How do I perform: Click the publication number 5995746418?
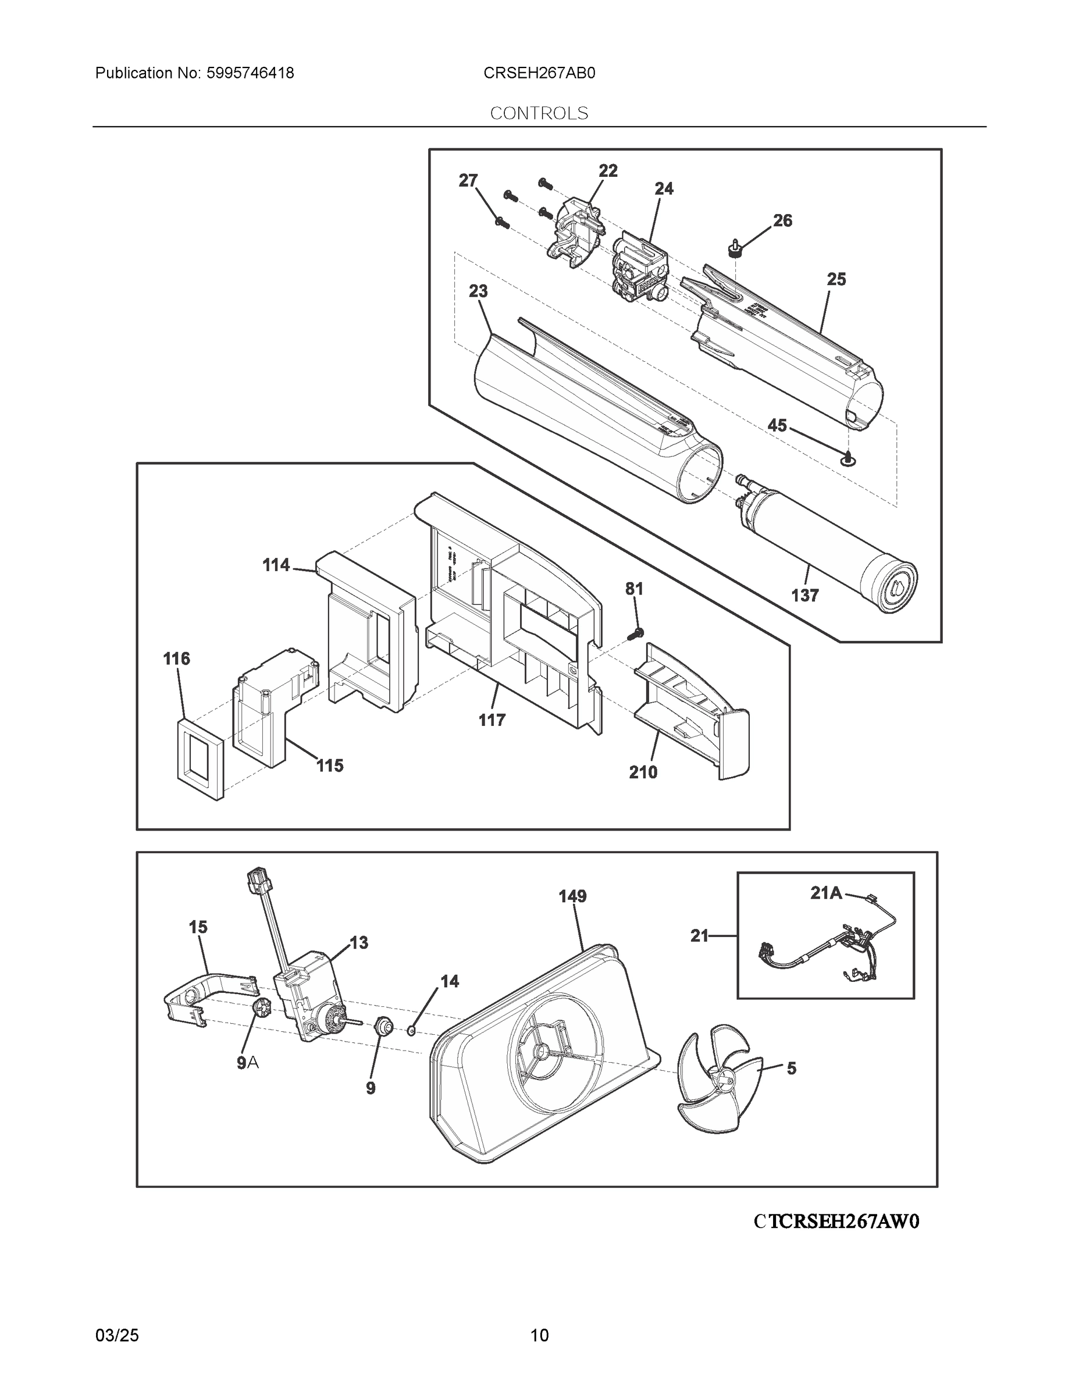[250, 73]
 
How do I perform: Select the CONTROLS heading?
[539, 113]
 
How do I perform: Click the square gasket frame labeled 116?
[201, 758]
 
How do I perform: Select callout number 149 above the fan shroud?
[572, 896]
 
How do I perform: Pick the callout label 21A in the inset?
[826, 893]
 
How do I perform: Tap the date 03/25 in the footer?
[117, 1336]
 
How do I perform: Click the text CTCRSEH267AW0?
[836, 1221]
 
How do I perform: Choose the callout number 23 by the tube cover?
[478, 291]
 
